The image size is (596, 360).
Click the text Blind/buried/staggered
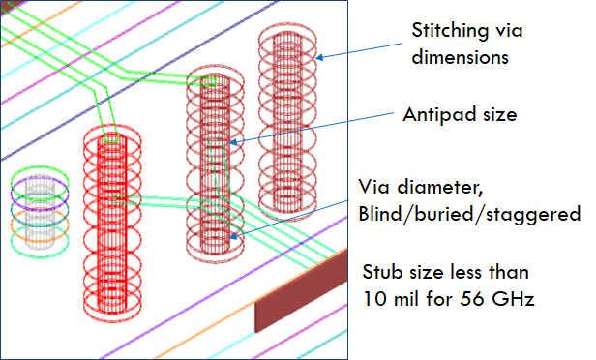pyautogui.click(x=468, y=213)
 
